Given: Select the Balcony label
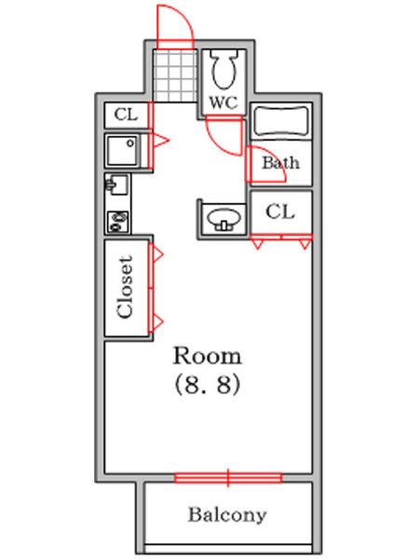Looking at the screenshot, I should coord(227,514).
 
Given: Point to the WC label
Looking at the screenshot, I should coord(223,101).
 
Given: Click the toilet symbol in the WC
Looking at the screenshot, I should coord(223,69).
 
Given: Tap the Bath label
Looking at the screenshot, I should coord(280,163).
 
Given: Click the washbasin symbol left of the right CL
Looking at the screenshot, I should coord(223,218).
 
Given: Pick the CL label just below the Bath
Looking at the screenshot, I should coord(280,211).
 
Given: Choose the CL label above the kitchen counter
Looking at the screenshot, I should coord(125,115).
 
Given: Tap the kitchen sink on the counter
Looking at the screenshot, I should coord(118,185).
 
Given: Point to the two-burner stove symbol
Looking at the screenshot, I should coord(118,222).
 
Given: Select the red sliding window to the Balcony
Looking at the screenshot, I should coord(227,479).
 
